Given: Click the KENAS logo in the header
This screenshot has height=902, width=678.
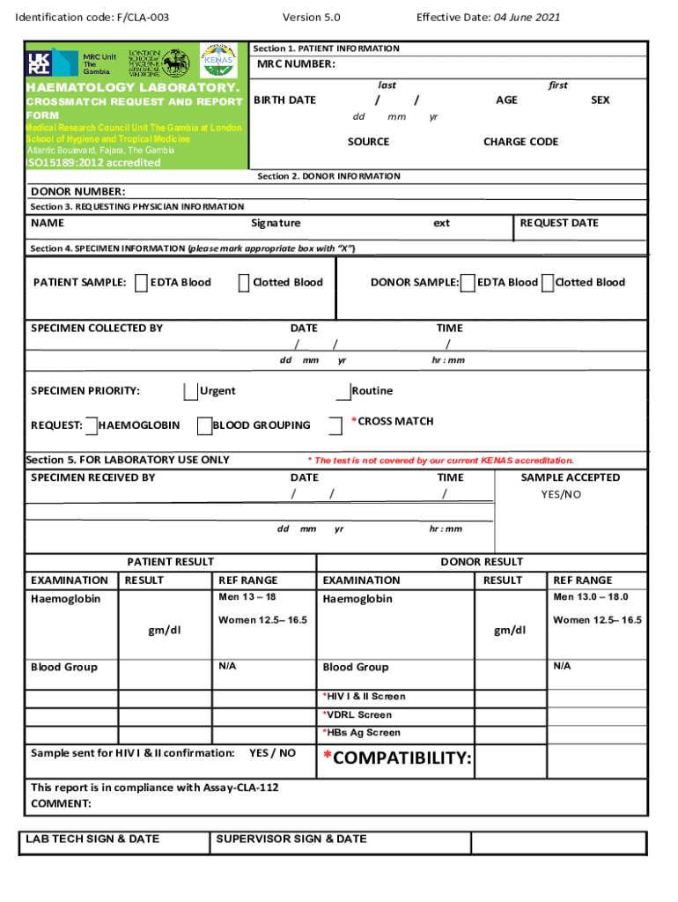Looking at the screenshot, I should coord(218,62).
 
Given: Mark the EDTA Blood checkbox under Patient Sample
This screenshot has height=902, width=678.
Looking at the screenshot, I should coord(143,283).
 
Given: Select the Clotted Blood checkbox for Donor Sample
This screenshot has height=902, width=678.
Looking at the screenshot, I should coord(548,283).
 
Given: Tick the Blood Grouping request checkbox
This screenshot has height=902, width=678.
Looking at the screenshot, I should coord(204,426).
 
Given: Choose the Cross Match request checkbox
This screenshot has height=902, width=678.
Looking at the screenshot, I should coord(335,426).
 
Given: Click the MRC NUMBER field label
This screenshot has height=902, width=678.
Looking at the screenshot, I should coord(296,64).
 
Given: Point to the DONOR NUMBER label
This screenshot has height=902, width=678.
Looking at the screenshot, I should coord(78,192).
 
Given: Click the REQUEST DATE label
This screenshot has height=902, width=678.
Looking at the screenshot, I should coord(559,224).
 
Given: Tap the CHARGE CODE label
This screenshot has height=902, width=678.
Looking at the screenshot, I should coord(520,142).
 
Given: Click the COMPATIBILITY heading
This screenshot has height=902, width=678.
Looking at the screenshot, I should coord(397,758).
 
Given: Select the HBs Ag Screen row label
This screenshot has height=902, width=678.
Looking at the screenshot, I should coord(362,733).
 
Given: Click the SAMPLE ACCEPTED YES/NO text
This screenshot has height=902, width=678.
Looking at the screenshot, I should coord(561,495).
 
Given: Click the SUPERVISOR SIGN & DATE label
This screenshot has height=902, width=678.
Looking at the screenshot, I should coord(291,839).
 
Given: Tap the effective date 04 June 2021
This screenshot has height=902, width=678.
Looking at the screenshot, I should coord(526,18).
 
